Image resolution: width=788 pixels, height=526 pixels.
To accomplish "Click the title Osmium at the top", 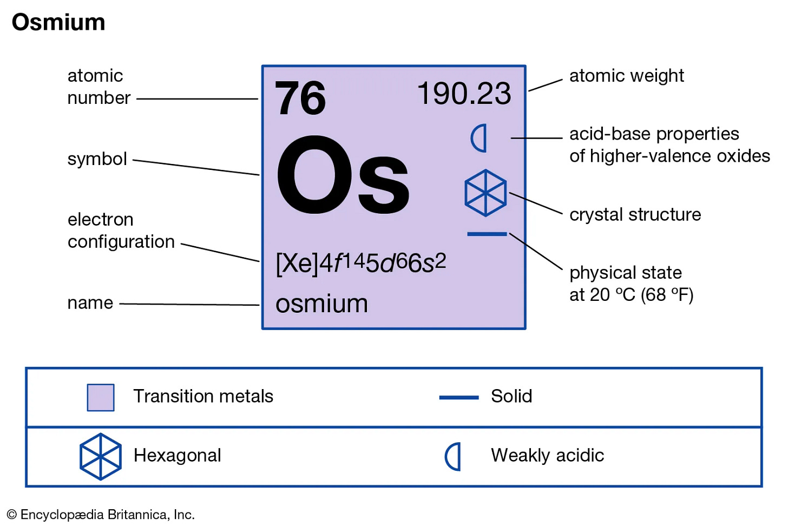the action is pos(58,23).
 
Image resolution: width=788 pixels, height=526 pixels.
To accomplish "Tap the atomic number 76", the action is pos(300,98).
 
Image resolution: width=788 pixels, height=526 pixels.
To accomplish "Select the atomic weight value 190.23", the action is pos(464,94).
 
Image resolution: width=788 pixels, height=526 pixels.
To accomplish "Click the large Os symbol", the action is pos(343,175).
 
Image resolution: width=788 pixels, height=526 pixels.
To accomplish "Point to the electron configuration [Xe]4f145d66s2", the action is pos(360,263).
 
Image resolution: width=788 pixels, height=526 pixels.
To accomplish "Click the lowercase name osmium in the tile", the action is pos(321,304).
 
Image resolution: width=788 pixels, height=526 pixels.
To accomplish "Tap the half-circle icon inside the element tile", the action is pos(480,138).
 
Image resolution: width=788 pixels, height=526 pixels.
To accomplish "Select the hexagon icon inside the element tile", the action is pos(485,193).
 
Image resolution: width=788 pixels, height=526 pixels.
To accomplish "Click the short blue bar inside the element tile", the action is pos(487,234).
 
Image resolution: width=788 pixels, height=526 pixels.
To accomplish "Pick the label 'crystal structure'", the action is pos(635,215).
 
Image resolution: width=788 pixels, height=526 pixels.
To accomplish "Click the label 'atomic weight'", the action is pos(626,76).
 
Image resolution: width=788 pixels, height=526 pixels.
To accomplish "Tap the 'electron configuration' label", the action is pos(121,231).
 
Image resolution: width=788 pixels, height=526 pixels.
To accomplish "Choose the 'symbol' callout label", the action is pos(97,159).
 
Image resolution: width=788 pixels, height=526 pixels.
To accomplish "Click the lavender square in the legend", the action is pos(101,398).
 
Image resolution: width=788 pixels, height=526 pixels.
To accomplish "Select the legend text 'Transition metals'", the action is pos(203,396).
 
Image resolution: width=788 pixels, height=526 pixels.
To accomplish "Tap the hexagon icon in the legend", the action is pos(101,456).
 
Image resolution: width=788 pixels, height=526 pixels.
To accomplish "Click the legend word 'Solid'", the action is pos(511,396).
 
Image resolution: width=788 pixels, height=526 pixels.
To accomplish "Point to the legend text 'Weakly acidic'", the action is pos(547,456).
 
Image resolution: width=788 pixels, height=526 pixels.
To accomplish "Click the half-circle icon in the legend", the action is pos(454,457).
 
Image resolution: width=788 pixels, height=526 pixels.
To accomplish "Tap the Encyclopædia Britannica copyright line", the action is pos(101,515).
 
